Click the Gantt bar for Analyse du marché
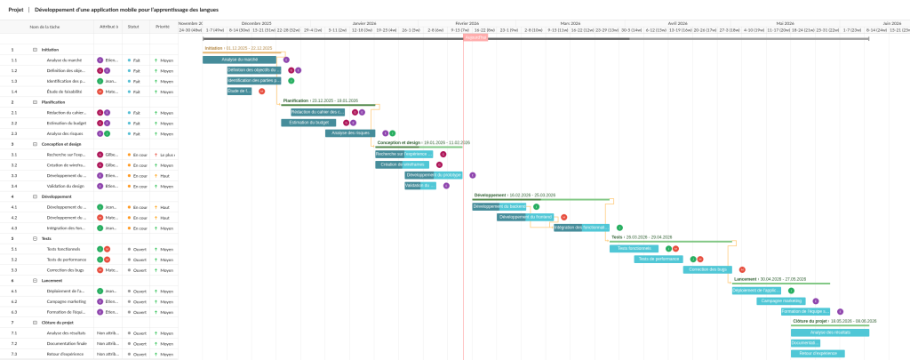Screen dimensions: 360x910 tap(239, 60)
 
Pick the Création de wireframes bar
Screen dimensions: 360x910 tap(402, 164)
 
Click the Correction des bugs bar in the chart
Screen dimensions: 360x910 tap(708, 269)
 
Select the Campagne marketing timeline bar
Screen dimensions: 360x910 tap(779, 300)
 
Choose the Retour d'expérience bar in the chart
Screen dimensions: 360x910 tap(817, 353)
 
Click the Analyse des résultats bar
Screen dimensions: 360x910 tap(830, 332)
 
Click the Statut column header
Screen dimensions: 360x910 tap(133, 27)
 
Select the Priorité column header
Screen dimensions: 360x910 tap(163, 27)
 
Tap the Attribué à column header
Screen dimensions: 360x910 tap(108, 27)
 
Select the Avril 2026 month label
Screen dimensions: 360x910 tap(678, 23)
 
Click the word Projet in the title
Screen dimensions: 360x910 tap(15, 9)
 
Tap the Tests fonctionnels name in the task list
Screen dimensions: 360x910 tap(66, 249)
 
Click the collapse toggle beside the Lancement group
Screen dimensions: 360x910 tap(35, 280)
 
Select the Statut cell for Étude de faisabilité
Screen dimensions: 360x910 tap(136, 92)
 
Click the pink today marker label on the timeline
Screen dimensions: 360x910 tap(475, 38)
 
